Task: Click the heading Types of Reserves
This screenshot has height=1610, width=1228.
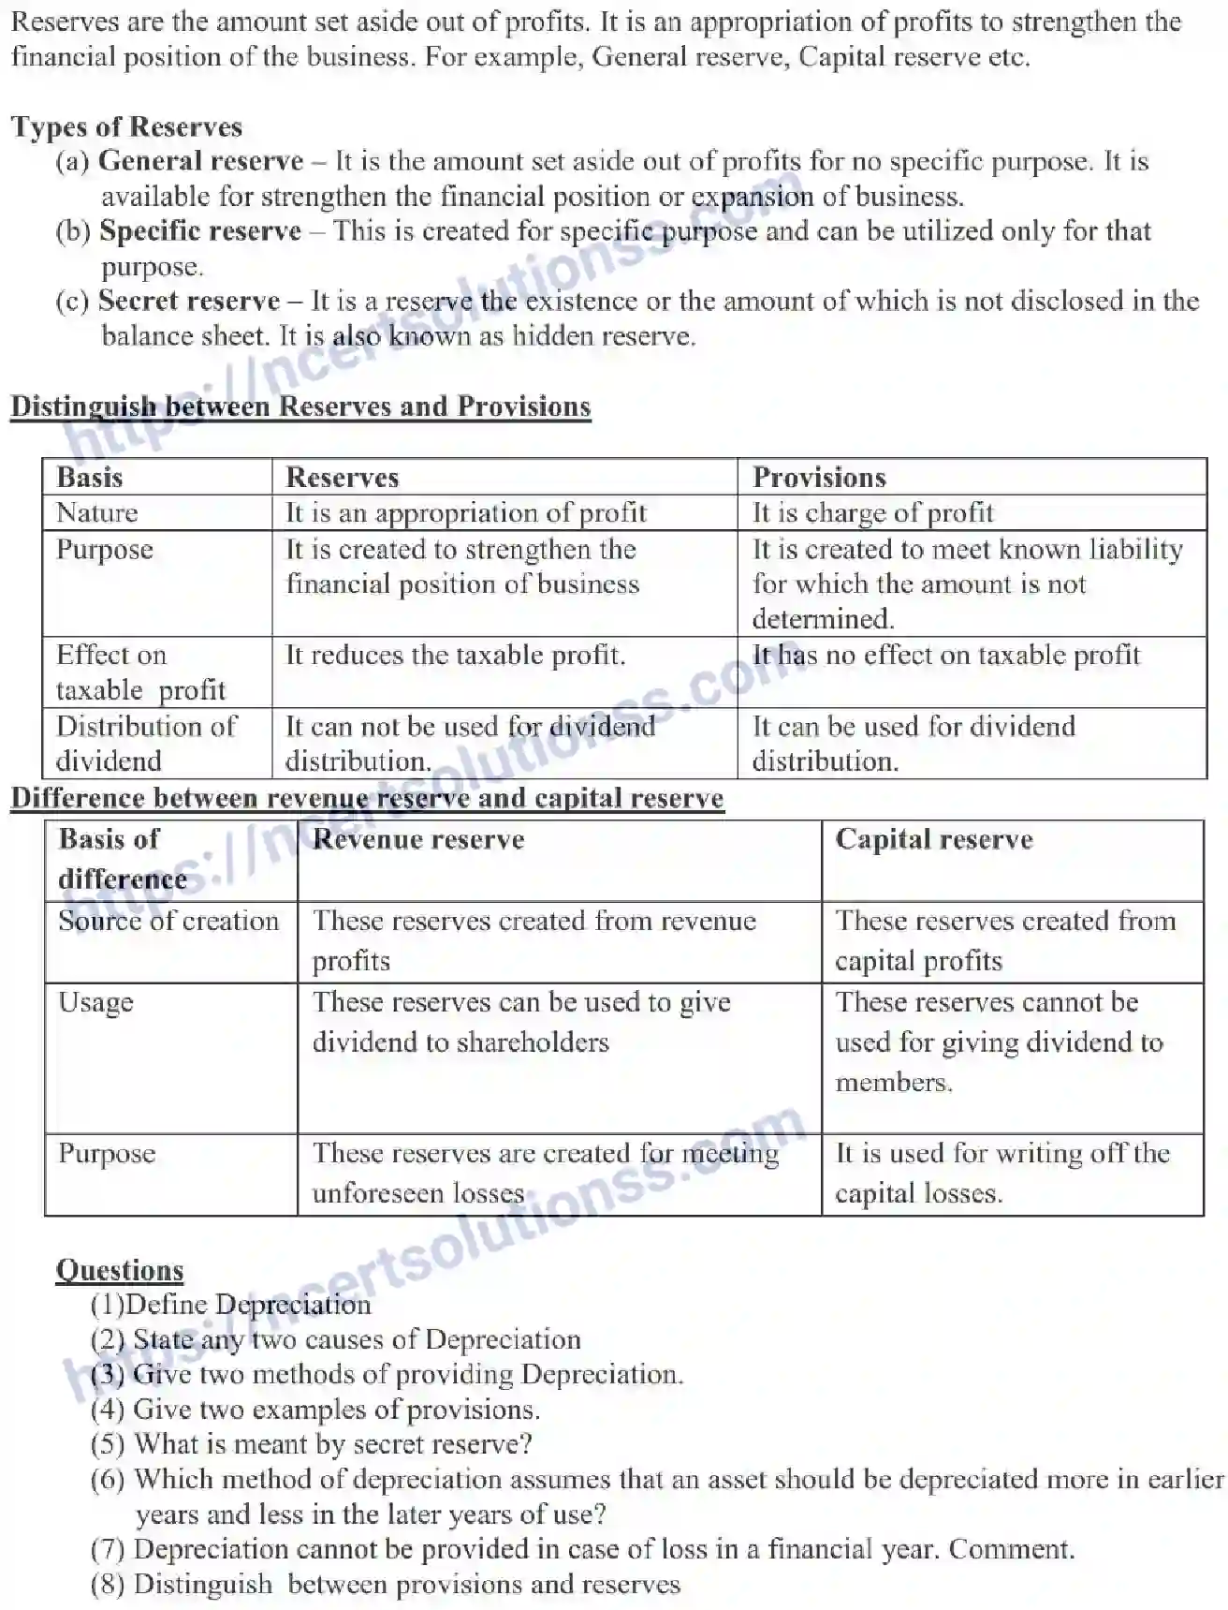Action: pyautogui.click(x=126, y=127)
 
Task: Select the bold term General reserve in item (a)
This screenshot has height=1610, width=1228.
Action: pyautogui.click(x=200, y=161)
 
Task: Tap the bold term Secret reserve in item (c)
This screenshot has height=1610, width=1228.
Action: pyautogui.click(x=188, y=301)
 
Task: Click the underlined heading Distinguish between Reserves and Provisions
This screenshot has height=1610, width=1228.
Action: pyautogui.click(x=300, y=406)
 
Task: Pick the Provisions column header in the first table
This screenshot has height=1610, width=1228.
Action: pyautogui.click(x=819, y=478)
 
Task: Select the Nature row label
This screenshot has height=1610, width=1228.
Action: pyautogui.click(x=97, y=513)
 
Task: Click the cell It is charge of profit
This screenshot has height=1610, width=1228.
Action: pyautogui.click(x=872, y=513)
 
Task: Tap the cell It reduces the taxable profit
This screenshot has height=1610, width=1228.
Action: pyautogui.click(x=455, y=655)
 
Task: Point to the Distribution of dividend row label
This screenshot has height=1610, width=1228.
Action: pyautogui.click(x=146, y=743)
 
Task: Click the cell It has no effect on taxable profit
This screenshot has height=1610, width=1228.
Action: pyautogui.click(x=946, y=655)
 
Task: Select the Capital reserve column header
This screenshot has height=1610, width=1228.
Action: pyautogui.click(x=933, y=839)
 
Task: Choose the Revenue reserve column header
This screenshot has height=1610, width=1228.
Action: pyautogui.click(x=418, y=839)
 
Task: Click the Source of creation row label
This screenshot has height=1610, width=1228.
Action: pyautogui.click(x=168, y=921)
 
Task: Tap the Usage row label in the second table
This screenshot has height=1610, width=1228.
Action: pyautogui.click(x=95, y=1002)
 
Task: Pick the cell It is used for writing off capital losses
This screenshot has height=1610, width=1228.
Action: pyautogui.click(x=1001, y=1173)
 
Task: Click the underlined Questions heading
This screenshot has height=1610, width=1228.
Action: pyautogui.click(x=120, y=1270)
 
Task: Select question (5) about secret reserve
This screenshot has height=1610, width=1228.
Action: pyautogui.click(x=312, y=1444)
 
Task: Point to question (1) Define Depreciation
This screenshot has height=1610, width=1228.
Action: pyautogui.click(x=231, y=1305)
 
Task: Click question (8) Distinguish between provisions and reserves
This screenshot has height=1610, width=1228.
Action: pyautogui.click(x=386, y=1585)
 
